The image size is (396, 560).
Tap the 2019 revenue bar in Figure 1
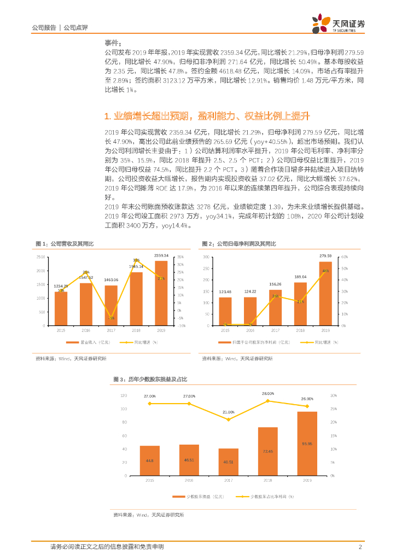pos(161,293)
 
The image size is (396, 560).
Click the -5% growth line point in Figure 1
pos(111,318)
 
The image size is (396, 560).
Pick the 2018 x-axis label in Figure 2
pos(300,331)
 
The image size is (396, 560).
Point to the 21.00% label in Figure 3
pos(228,412)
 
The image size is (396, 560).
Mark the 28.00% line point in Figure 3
pos(268,401)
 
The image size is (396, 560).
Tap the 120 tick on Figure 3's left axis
pos(124,395)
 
